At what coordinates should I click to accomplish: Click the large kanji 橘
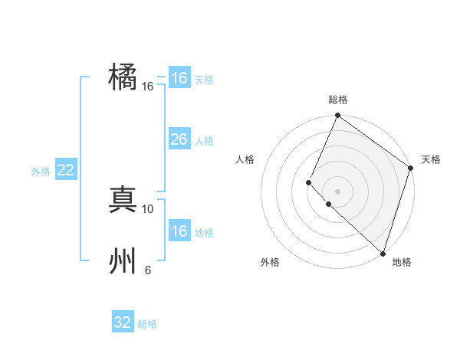[x=123, y=77]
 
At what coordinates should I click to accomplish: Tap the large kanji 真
[x=123, y=199]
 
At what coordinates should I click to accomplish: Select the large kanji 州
[x=123, y=261]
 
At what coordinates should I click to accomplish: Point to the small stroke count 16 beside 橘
[x=148, y=87]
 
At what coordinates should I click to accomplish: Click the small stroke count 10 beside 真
[x=148, y=208]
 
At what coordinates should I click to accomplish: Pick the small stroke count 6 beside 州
[x=148, y=270]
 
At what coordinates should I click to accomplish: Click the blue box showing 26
[x=179, y=139]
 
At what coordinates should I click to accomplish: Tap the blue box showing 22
[x=65, y=170]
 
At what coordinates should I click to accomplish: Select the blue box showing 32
[x=123, y=322]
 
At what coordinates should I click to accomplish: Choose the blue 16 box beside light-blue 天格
[x=179, y=78]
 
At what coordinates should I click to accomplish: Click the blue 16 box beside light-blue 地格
[x=179, y=231]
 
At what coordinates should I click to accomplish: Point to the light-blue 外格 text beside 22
[x=41, y=172]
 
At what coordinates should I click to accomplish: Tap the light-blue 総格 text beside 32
[x=147, y=324]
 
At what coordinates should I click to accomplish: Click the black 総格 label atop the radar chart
[x=338, y=100]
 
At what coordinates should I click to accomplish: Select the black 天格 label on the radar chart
[x=431, y=159]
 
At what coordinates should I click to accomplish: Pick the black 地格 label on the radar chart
[x=402, y=262]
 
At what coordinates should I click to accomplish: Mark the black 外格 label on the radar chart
[x=270, y=262]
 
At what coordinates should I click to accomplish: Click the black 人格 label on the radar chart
[x=245, y=159]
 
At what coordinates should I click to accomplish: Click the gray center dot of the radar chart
[x=337, y=191]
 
